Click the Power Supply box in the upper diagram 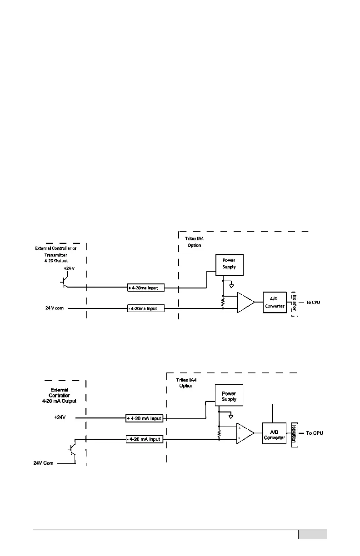coord(229,264)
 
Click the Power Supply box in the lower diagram coord(229,396)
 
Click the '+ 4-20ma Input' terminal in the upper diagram coord(145,288)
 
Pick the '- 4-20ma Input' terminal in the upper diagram coord(145,309)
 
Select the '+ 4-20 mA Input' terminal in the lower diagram coord(144,418)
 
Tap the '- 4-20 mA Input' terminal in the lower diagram coord(144,439)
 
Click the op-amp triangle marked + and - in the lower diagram coord(245,434)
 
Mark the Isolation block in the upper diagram coord(294,303)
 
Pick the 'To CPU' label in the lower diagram coord(314,433)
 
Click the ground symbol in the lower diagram coord(230,416)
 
